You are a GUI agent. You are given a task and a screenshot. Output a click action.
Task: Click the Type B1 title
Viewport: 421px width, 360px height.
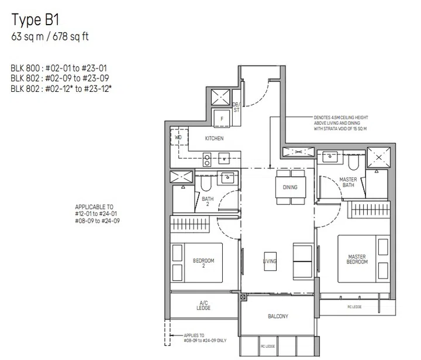pyautogui.click(x=36, y=20)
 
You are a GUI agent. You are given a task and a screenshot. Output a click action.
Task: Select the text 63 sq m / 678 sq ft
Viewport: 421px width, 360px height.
pyautogui.click(x=50, y=37)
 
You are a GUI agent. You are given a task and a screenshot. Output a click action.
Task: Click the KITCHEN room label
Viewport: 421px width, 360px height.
pyautogui.click(x=214, y=139)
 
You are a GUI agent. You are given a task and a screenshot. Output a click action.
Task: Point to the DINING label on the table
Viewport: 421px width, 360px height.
pyautogui.click(x=289, y=187)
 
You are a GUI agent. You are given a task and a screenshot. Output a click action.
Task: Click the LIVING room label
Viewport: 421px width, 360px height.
pyautogui.click(x=270, y=261)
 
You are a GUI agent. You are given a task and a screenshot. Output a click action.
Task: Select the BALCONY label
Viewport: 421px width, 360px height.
pyautogui.click(x=278, y=317)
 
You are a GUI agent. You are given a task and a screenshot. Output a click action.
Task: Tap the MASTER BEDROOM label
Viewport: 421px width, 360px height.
pyautogui.click(x=357, y=259)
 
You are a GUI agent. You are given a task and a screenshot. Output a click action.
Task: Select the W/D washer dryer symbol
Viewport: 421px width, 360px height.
pyautogui.click(x=178, y=138)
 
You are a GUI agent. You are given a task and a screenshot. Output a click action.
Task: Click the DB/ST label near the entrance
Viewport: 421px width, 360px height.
pyautogui.click(x=237, y=106)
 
